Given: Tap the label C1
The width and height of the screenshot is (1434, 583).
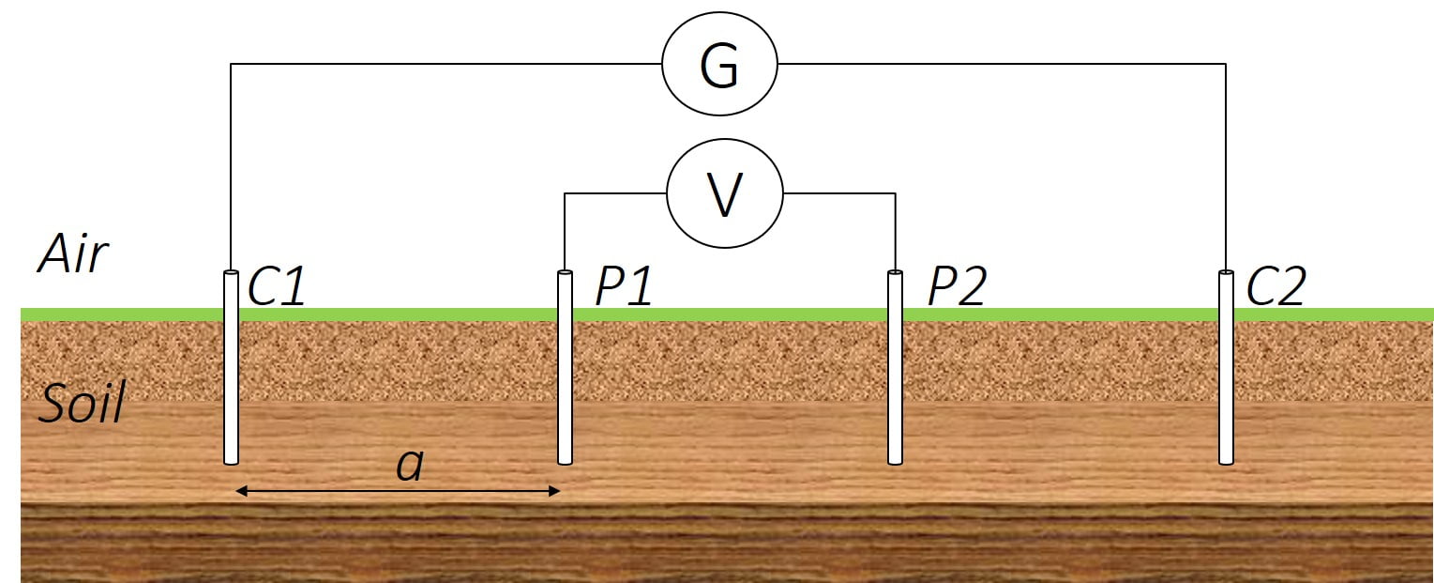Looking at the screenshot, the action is [276, 285].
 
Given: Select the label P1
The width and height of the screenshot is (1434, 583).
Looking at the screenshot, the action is [625, 285].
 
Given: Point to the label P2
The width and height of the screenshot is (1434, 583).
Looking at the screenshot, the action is [957, 285].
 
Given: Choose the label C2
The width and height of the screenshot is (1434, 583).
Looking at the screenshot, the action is [1276, 285].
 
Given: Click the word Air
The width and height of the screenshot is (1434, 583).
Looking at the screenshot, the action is [73, 254].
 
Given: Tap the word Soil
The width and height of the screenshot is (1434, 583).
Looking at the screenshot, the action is [82, 403].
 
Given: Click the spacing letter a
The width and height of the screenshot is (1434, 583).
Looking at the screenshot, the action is [410, 466].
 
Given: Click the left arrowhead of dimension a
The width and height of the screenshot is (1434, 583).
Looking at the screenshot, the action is [241, 491].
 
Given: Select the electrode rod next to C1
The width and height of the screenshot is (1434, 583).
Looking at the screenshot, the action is [231, 367].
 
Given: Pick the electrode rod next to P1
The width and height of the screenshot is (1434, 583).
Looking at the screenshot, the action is [565, 367].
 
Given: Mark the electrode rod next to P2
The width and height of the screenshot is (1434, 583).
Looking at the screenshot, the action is [895, 367].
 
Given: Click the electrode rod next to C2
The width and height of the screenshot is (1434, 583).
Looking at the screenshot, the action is [1226, 367].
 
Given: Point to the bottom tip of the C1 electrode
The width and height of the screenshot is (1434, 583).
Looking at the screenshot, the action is [231, 464].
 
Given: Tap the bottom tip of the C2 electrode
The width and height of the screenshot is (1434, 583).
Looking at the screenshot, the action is [1226, 464].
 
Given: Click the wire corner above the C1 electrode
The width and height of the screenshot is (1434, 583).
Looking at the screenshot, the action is [231, 64].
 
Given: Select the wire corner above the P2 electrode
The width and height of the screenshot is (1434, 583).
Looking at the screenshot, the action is [895, 193].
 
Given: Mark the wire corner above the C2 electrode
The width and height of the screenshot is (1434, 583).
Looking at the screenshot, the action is [1226, 64].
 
